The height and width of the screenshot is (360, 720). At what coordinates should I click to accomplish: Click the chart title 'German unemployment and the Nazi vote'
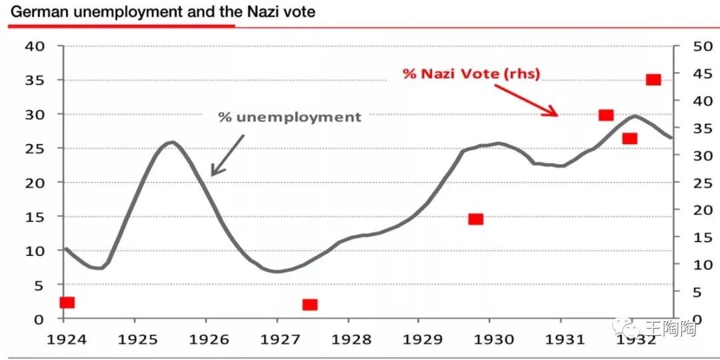(162, 11)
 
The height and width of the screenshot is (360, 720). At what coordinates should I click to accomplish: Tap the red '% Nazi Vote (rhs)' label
(472, 73)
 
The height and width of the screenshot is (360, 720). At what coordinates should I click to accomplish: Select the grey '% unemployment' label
(290, 117)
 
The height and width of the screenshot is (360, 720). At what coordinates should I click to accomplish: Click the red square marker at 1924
(67, 303)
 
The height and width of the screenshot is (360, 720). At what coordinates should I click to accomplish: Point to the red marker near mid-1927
(309, 305)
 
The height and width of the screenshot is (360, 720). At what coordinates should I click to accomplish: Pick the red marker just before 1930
(475, 219)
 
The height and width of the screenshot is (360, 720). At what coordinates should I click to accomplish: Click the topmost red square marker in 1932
(653, 80)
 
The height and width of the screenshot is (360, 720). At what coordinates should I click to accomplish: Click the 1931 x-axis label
(561, 338)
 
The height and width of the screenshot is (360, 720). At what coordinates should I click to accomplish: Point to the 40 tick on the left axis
(34, 46)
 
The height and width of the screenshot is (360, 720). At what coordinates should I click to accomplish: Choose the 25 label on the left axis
(34, 148)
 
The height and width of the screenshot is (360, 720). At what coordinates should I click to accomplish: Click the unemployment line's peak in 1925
(171, 142)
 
